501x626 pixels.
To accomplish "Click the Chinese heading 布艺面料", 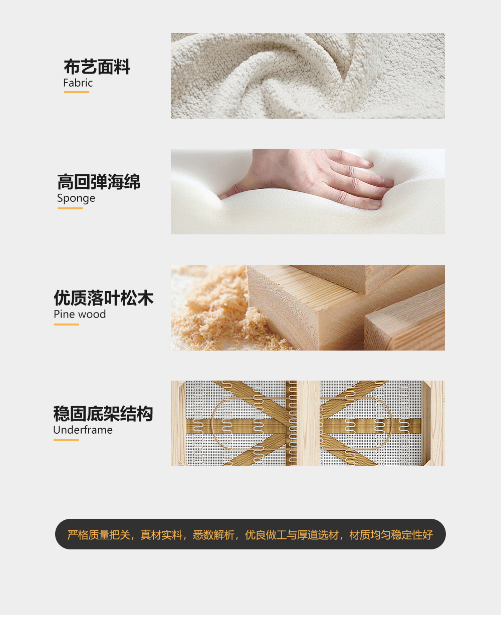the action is pyautogui.click(x=97, y=67).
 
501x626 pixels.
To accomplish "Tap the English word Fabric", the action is pyautogui.click(x=78, y=83).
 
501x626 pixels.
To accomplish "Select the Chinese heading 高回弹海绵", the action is pyautogui.click(x=98, y=182).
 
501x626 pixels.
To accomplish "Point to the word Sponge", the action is pyautogui.click(x=76, y=198).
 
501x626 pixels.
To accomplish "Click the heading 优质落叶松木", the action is pyautogui.click(x=103, y=298).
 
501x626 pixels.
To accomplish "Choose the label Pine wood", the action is pyautogui.click(x=80, y=314).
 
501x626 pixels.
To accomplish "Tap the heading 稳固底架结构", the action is pyautogui.click(x=103, y=414).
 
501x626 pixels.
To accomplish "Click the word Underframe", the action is pyautogui.click(x=83, y=430).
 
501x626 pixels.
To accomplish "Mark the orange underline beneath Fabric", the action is pyautogui.click(x=77, y=92).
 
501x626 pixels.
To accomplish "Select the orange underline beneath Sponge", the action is pyautogui.click(x=70, y=208).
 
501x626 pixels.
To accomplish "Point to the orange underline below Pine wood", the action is pyautogui.click(x=66, y=325).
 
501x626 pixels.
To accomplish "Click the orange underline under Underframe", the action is pyautogui.click(x=66, y=440).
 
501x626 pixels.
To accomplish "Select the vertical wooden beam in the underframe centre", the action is pyautogui.click(x=308, y=424).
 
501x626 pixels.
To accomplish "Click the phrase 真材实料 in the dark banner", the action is pyautogui.click(x=161, y=535).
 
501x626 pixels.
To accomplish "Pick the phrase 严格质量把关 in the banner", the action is pyautogui.click(x=99, y=535).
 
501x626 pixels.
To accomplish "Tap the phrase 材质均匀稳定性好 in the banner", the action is pyautogui.click(x=391, y=535).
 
